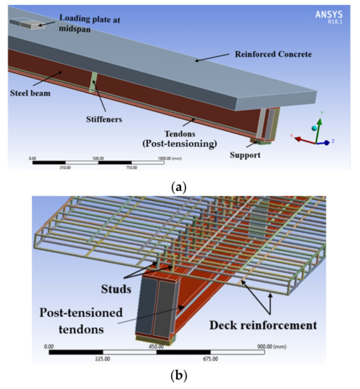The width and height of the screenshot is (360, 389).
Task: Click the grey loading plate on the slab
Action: (25, 24)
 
